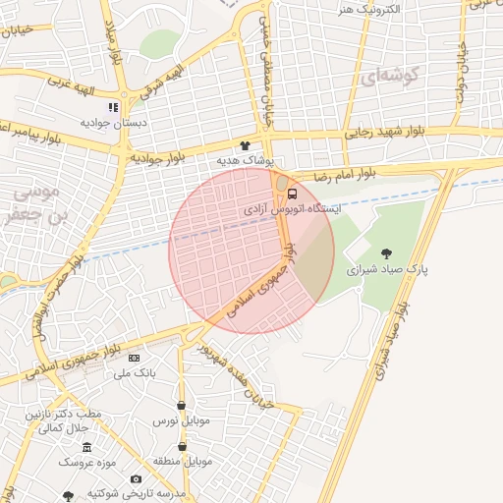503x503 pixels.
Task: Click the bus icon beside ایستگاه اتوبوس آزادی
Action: point(292,193)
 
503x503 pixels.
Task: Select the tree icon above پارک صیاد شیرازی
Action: point(385,253)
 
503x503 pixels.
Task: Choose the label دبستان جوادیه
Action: point(113,123)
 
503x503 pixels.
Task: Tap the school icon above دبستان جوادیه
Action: point(113,106)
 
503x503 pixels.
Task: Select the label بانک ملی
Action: point(135,373)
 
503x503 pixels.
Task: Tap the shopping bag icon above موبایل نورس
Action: point(181,405)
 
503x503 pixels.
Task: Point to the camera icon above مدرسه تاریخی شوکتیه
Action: point(137,478)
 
